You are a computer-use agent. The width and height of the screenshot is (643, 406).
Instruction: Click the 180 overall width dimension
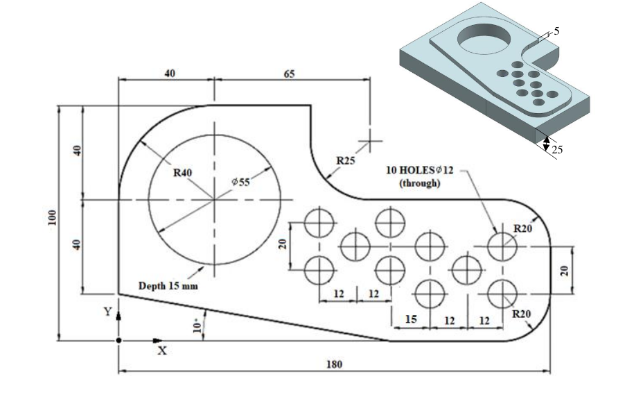(335, 364)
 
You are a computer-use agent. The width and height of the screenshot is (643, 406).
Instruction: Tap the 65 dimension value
(290, 73)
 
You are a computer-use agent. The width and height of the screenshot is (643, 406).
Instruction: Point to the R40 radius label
(182, 172)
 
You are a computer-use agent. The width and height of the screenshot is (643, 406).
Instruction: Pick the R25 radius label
(346, 161)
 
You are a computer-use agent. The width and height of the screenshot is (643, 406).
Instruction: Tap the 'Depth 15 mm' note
(169, 285)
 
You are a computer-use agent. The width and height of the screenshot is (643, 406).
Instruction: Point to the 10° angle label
(199, 325)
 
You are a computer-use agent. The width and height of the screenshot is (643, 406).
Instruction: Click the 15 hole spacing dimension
(411, 320)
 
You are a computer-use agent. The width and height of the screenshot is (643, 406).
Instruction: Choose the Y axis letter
(107, 312)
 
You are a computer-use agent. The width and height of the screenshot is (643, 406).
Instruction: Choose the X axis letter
(162, 351)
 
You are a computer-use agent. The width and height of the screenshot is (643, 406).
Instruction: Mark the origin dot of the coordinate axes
(118, 341)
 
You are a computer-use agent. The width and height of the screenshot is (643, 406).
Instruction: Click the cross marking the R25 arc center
(370, 141)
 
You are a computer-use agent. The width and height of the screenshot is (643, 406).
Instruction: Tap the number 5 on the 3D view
(557, 31)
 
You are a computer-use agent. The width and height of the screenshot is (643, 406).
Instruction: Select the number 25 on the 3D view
(558, 149)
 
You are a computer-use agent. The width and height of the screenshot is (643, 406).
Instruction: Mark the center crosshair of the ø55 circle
(215, 200)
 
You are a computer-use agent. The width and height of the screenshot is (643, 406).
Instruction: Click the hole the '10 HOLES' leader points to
(502, 246)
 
